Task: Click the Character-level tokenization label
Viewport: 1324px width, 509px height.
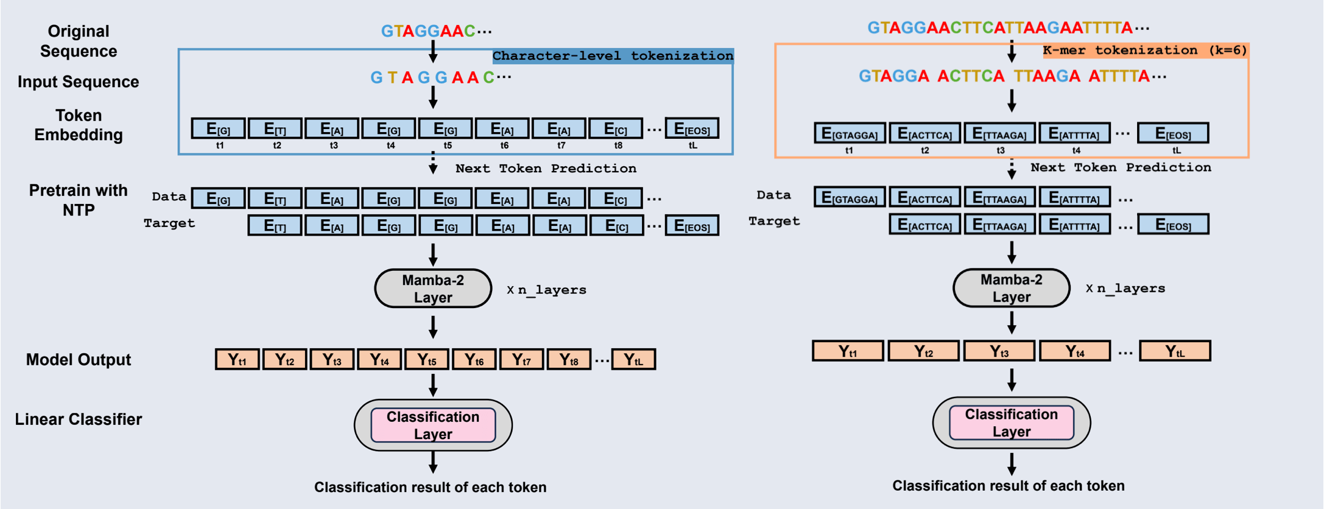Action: pyautogui.click(x=613, y=56)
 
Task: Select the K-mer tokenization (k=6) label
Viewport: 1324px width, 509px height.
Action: pyautogui.click(x=1145, y=51)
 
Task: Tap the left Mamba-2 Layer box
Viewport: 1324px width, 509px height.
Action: pyautogui.click(x=433, y=289)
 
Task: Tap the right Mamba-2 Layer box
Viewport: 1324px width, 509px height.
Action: pyautogui.click(x=1011, y=288)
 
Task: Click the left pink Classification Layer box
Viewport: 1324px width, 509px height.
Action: pyautogui.click(x=433, y=425)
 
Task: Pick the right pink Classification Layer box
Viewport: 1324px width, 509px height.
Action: pyautogui.click(x=1011, y=423)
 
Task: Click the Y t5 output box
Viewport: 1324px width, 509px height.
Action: pyautogui.click(x=426, y=360)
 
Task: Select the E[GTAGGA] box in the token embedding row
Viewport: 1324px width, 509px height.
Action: pyautogui.click(x=849, y=133)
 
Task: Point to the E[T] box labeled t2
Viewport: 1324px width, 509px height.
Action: pyautogui.click(x=275, y=128)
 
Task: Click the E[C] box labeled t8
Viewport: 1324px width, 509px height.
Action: pyautogui.click(x=615, y=128)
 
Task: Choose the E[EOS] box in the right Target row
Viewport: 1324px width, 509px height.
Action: pyautogui.click(x=1173, y=225)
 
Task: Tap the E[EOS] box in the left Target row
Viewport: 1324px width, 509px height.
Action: pyautogui.click(x=692, y=226)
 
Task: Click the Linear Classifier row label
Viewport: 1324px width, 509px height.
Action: pyautogui.click(x=79, y=419)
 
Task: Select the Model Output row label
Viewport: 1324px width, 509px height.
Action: pyautogui.click(x=79, y=360)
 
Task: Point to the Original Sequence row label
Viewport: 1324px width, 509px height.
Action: pyautogui.click(x=79, y=41)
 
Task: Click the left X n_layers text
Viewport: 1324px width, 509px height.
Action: pyautogui.click(x=546, y=290)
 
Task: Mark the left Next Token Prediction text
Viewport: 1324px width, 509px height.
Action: pyautogui.click(x=546, y=169)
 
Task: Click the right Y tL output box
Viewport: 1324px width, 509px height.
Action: pyautogui.click(x=1175, y=351)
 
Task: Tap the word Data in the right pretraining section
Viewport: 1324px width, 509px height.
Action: pyautogui.click(x=773, y=195)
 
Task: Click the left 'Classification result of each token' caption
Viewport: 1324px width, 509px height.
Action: pyautogui.click(x=430, y=487)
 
